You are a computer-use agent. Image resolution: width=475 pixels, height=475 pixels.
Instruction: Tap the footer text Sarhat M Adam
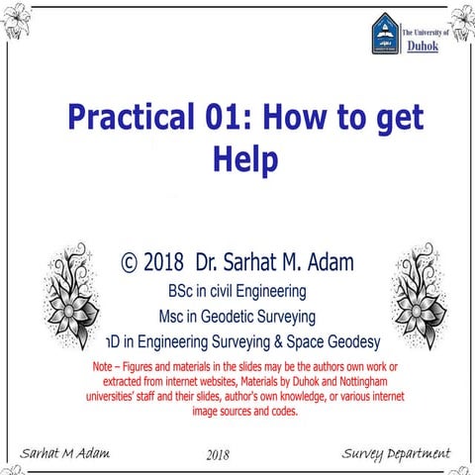click(x=63, y=453)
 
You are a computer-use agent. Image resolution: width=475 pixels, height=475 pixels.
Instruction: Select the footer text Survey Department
click(x=395, y=453)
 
